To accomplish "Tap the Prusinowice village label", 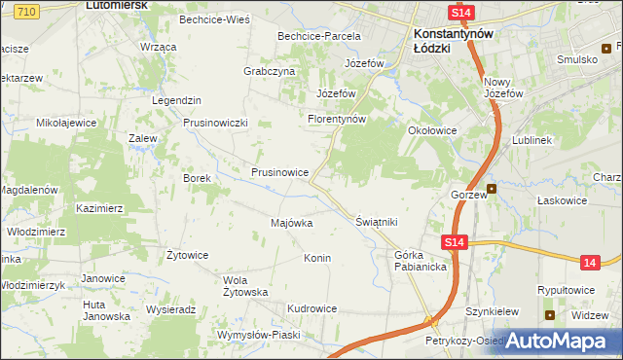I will click(280, 172).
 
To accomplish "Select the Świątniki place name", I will click(378, 222).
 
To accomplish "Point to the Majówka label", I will click(291, 223).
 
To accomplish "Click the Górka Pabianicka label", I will click(420, 261).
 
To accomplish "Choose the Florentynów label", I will click(336, 119).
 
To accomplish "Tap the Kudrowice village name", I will click(311, 308).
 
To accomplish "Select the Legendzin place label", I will click(176, 100).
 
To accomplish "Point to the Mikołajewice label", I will click(66, 123).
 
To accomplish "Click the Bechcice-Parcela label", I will click(319, 36).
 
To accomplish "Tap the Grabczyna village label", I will click(269, 71).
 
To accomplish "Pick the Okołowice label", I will click(432, 128).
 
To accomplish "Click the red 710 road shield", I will click(26, 10).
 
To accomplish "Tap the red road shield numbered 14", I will click(590, 262).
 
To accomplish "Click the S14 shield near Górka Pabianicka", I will click(453, 243).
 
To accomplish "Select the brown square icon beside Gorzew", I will click(492, 189).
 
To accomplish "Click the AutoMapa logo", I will click(557, 341).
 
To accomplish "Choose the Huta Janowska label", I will click(106, 309).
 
